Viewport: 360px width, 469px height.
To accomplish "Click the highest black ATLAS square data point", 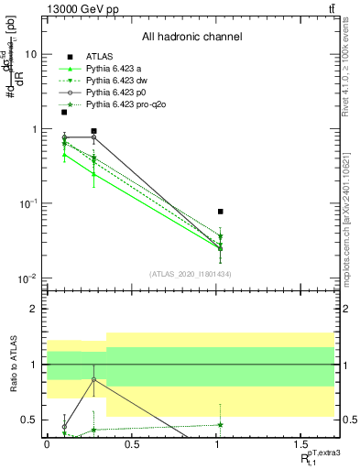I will (x=64, y=112).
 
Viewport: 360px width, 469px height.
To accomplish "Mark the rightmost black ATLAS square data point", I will (x=220, y=212).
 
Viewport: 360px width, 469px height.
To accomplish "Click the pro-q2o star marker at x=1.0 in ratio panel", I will (x=220, y=424).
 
